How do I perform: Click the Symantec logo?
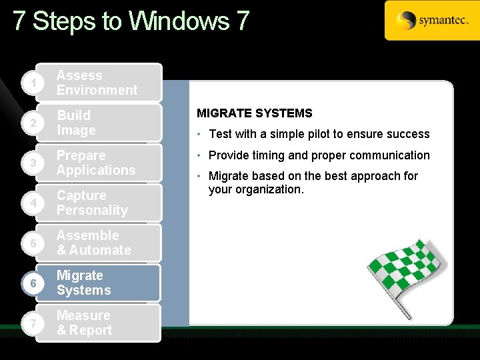pos(431,21)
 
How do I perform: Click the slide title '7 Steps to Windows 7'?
pos(131,21)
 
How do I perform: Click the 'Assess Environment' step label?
pos(97,83)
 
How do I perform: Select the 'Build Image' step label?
pos(76,123)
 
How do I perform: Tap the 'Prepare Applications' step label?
pos(95,163)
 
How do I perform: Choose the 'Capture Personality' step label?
pos(92,203)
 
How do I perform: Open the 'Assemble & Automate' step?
pos(93,243)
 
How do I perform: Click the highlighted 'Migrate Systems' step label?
pos(83,283)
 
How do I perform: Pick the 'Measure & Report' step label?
pos(84,323)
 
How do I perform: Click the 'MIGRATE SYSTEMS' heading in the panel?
pos(254,113)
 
